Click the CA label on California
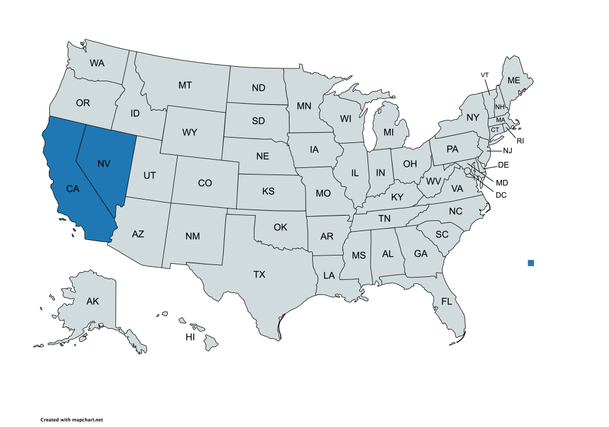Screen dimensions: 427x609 pyautogui.click(x=73, y=189)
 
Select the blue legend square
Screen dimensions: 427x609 pyautogui.click(x=530, y=263)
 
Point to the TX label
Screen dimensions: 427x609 pyautogui.click(x=259, y=275)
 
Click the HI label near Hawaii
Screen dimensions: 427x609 pyautogui.click(x=190, y=337)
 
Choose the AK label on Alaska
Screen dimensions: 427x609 pyautogui.click(x=92, y=301)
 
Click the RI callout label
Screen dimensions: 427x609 pyautogui.click(x=520, y=141)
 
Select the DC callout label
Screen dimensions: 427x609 pyautogui.click(x=501, y=194)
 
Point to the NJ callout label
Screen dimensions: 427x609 pyautogui.click(x=507, y=150)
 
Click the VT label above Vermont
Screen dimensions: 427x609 pyautogui.click(x=485, y=74)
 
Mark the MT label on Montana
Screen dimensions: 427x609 pyautogui.click(x=185, y=85)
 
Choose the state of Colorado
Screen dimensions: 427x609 pyautogui.click(x=205, y=183)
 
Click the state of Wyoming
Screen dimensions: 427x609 pyautogui.click(x=189, y=132)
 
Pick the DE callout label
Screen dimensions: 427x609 pyautogui.click(x=503, y=164)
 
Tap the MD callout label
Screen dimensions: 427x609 pyautogui.click(x=502, y=182)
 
